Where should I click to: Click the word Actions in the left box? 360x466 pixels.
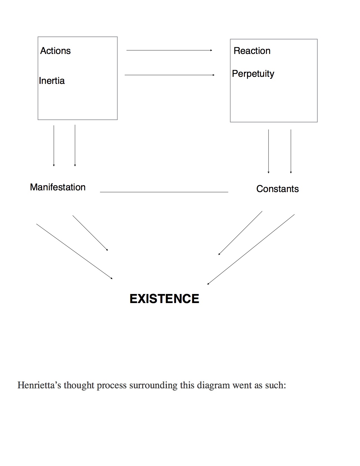pos(55,51)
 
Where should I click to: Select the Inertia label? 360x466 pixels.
pos(52,81)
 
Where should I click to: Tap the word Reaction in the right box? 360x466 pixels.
pos(252,51)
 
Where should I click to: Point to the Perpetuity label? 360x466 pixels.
pos(253,74)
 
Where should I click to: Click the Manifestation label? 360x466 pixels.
pos(58,187)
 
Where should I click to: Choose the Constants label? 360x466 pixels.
pos(277,189)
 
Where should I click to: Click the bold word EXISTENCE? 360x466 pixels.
pos(164,299)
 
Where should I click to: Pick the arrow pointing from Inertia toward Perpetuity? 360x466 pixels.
pos(169,75)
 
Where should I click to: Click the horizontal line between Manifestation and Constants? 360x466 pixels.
pos(164,192)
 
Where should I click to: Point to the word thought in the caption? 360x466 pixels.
pos(79,385)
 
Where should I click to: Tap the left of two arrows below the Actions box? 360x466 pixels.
pos(54,145)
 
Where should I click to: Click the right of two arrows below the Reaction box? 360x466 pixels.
pos(291,151)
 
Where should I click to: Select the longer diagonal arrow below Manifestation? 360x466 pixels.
pos(75,251)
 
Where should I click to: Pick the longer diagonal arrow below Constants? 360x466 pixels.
pos(251,249)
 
